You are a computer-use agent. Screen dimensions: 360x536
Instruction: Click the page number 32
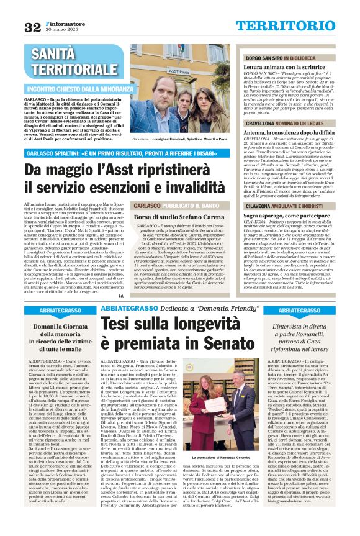32,27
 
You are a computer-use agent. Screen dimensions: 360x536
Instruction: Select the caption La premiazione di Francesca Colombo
212,457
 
